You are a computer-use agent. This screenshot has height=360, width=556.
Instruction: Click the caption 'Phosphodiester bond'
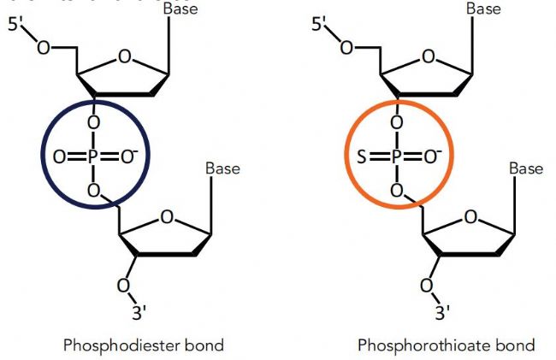[144, 345]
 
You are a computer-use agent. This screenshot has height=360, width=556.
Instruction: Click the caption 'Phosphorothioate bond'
[446, 345]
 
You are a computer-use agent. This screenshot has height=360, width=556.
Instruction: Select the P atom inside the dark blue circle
[92, 156]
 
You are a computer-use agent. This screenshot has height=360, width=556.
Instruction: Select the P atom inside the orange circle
[396, 156]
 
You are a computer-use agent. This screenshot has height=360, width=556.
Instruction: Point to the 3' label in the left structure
[139, 312]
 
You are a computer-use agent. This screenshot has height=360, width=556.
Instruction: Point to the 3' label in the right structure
[443, 312]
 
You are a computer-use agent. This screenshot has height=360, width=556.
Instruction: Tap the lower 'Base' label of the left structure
[222, 168]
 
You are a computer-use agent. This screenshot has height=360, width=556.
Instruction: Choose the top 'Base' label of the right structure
[483, 9]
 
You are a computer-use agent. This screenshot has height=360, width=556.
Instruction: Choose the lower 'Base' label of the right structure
[526, 168]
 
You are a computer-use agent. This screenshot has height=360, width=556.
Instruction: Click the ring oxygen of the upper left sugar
[125, 57]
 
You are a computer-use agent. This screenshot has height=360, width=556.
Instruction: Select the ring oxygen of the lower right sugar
[470, 217]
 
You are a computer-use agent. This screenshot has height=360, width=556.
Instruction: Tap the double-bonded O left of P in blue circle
[58, 156]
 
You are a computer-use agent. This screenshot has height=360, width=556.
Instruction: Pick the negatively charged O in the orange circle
[432, 156]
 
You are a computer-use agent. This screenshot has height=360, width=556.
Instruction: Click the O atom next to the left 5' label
[43, 46]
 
